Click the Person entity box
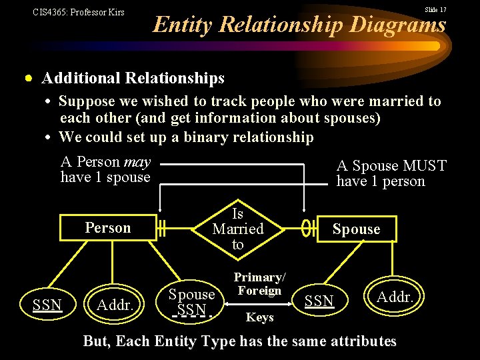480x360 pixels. pyautogui.click(x=107, y=228)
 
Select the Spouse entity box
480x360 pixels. pyautogui.click(x=356, y=229)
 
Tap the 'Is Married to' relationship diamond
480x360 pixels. pyautogui.click(x=238, y=229)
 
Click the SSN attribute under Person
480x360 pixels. pyautogui.click(x=47, y=305)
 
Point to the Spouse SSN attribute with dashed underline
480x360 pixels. pyautogui.click(x=191, y=302)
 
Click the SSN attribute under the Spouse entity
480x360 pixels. pyautogui.click(x=319, y=301)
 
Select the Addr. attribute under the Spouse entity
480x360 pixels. pyautogui.click(x=395, y=296)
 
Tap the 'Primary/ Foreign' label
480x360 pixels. pyautogui.click(x=259, y=283)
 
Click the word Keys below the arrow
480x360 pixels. pyautogui.click(x=259, y=317)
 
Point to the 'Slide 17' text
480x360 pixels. pyautogui.click(x=435, y=10)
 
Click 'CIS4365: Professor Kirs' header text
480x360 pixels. pyautogui.click(x=79, y=12)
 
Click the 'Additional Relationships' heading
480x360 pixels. pyautogui.click(x=133, y=79)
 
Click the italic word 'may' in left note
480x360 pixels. pyautogui.click(x=137, y=162)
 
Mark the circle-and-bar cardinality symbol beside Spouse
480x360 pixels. pyautogui.click(x=309, y=229)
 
